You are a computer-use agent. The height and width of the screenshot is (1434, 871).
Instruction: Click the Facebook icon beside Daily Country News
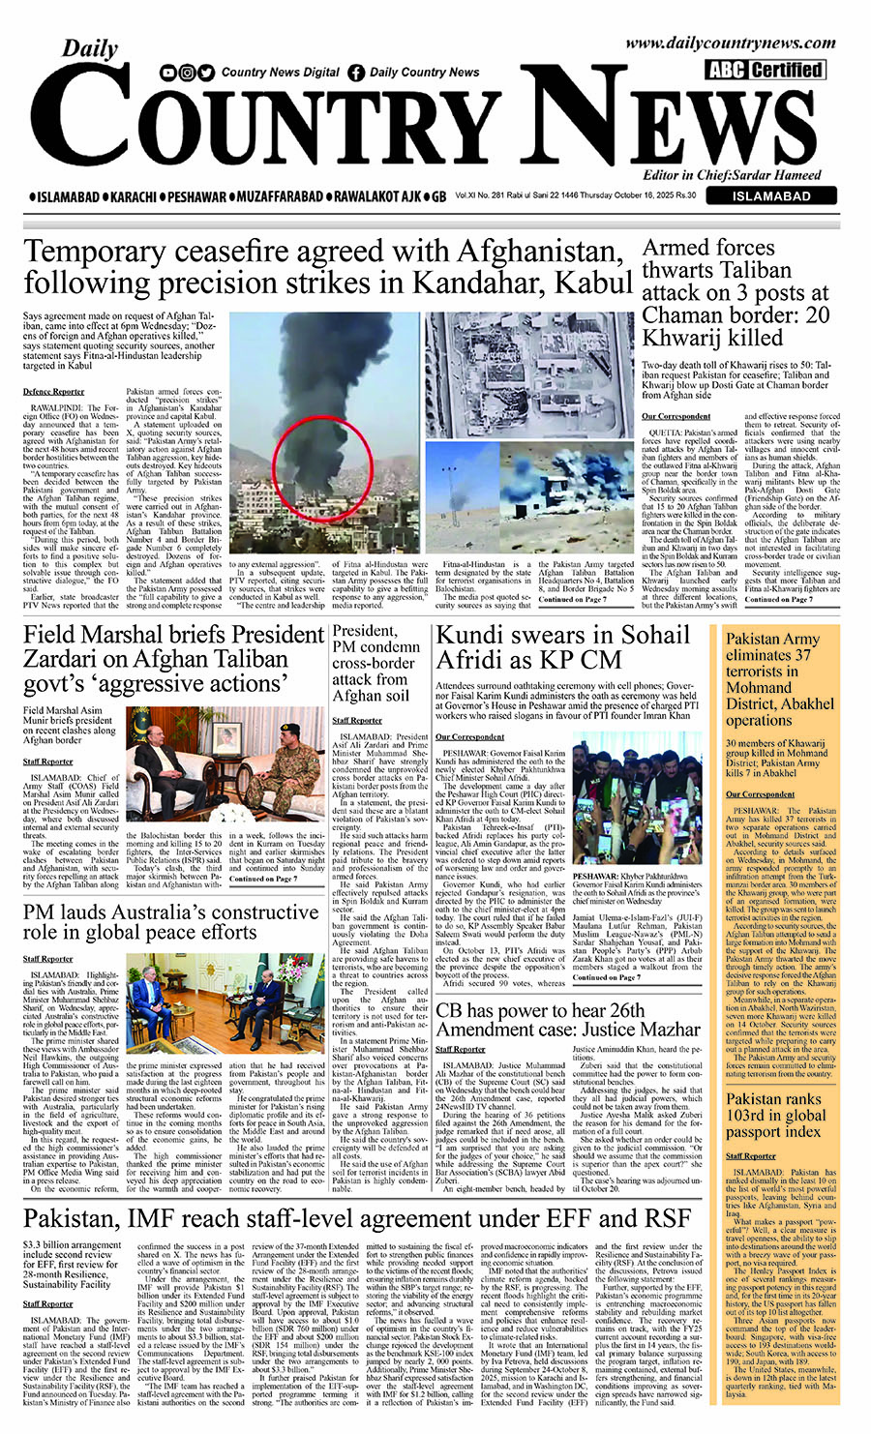(x=356, y=73)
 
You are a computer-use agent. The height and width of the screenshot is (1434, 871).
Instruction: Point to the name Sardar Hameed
(x=785, y=175)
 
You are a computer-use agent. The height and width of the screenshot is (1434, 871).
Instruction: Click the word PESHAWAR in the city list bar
(x=196, y=197)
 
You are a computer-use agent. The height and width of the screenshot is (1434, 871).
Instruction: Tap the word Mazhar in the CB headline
(x=658, y=1029)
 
